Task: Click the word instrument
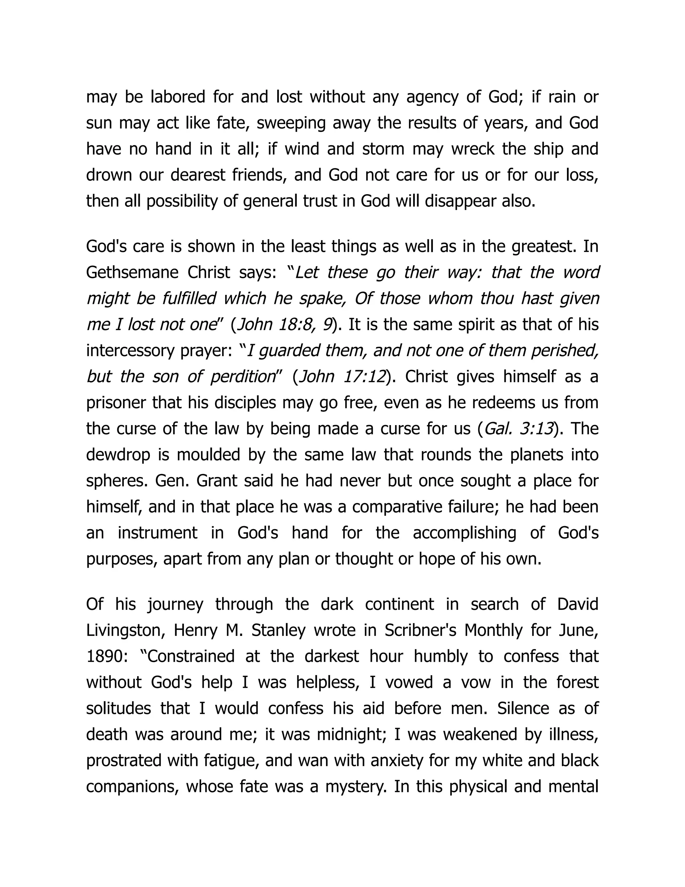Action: pyautogui.click(x=158, y=533)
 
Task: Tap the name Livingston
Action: pyautogui.click(x=123, y=631)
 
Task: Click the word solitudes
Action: pyautogui.click(x=117, y=709)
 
